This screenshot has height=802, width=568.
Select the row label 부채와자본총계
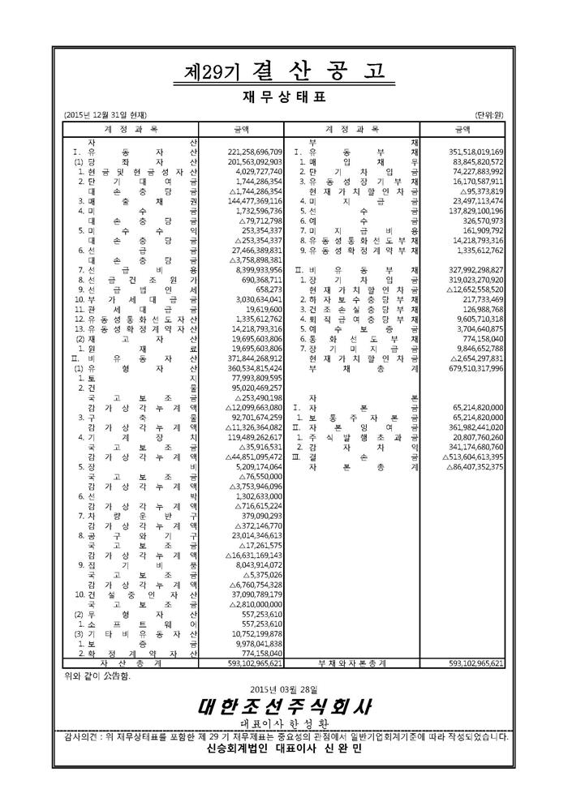(350, 663)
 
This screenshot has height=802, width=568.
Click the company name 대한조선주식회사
(283, 706)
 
